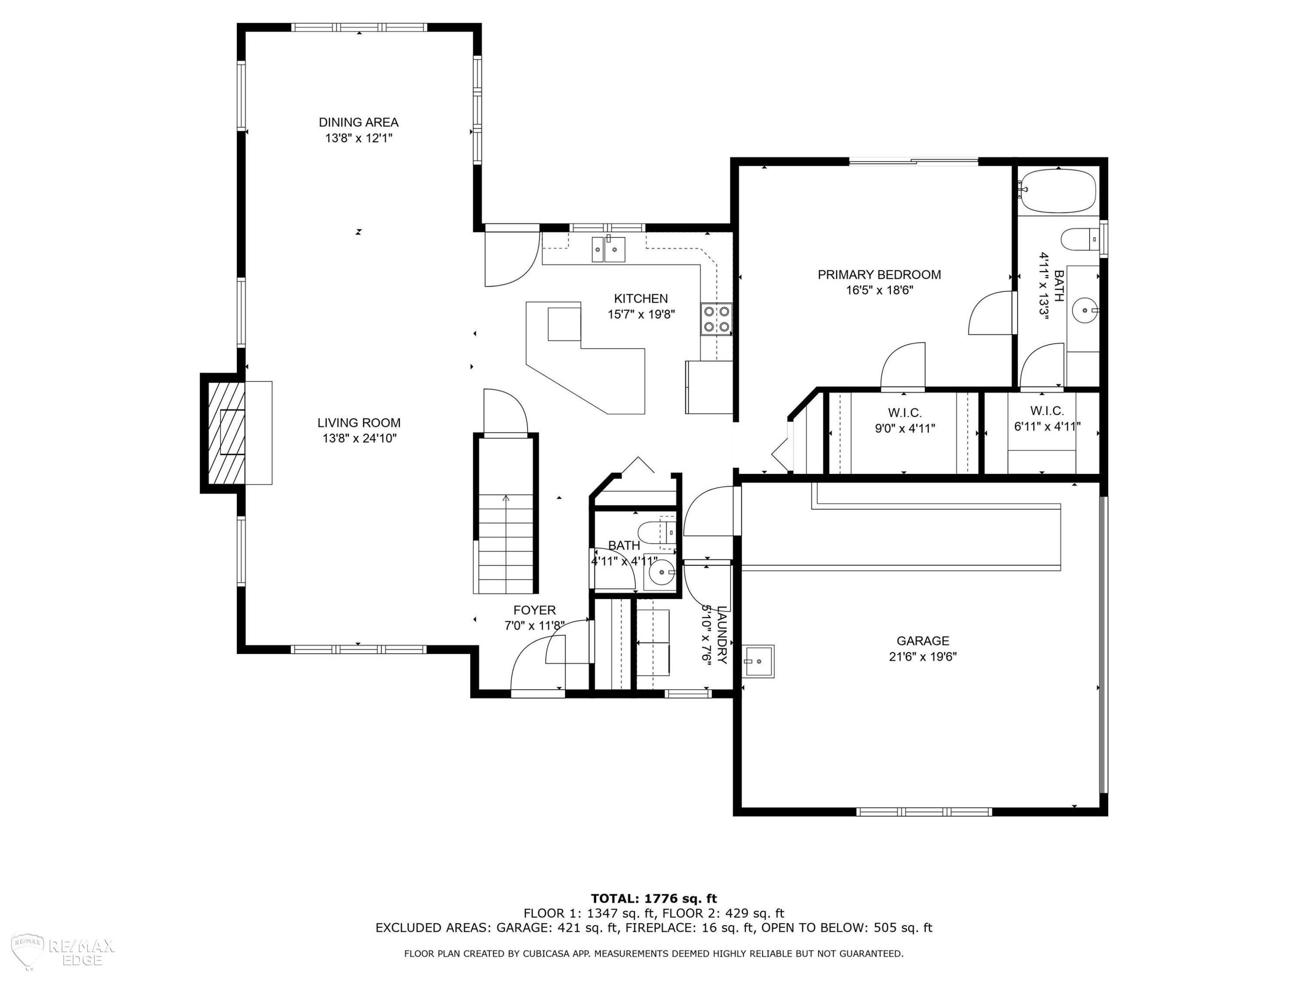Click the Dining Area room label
pyautogui.click(x=358, y=123)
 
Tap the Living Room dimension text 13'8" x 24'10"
pyautogui.click(x=359, y=438)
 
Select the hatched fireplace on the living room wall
pyautogui.click(x=226, y=433)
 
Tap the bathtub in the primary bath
pyautogui.click(x=1058, y=191)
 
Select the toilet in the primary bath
pyautogui.click(x=1080, y=239)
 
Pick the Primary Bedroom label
pyautogui.click(x=879, y=274)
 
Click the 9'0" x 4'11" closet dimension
pyautogui.click(x=905, y=428)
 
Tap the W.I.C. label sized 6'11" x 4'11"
pyautogui.click(x=1047, y=410)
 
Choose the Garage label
pyautogui.click(x=923, y=640)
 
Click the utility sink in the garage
pyautogui.click(x=758, y=661)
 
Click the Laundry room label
pyautogui.click(x=722, y=634)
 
